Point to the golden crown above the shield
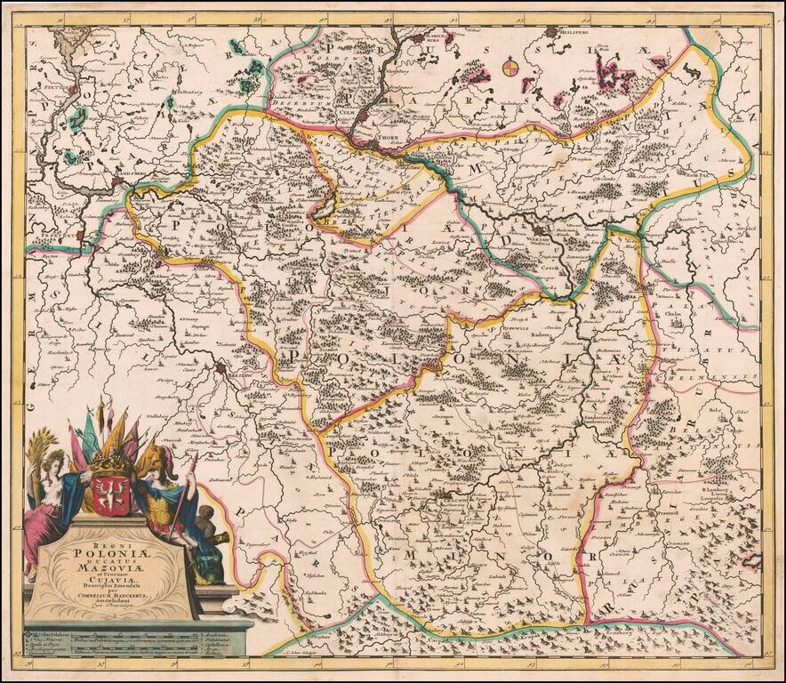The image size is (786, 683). pos(110,464)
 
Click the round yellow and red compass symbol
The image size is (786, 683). pos(509,67)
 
